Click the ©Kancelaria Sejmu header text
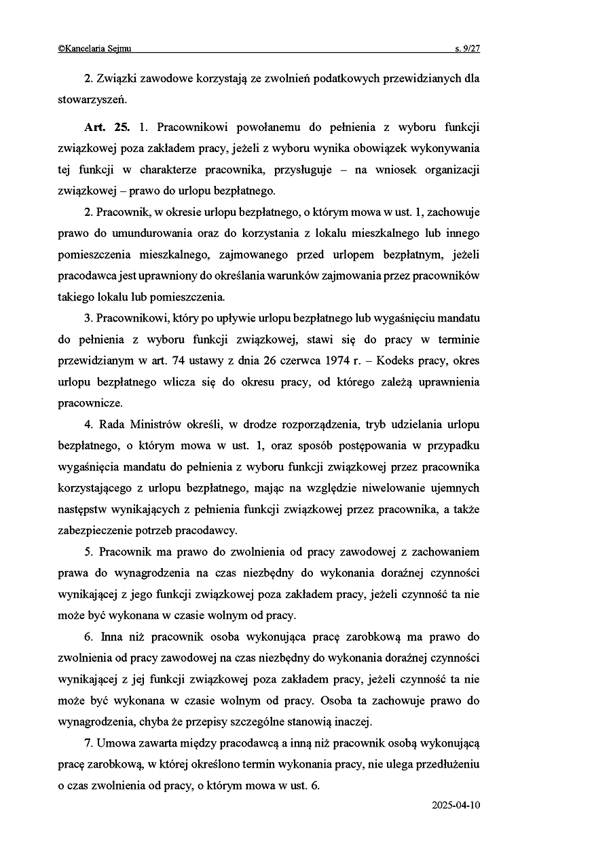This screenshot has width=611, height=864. [x=94, y=48]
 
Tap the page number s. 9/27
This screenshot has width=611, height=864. [x=467, y=48]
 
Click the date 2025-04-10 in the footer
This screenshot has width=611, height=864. [x=456, y=805]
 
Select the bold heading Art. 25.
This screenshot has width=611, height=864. [x=107, y=128]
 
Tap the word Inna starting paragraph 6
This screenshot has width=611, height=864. [x=111, y=637]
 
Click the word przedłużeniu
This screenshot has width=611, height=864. [x=445, y=764]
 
